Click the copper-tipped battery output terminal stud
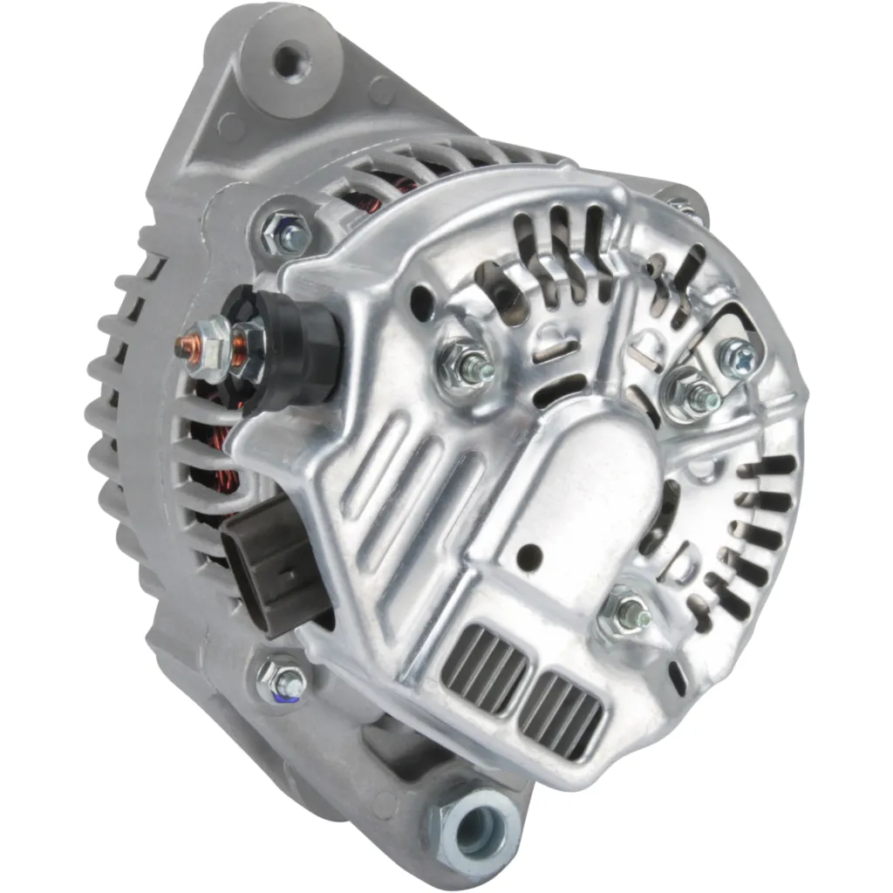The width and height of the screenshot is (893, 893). click(x=185, y=343)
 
